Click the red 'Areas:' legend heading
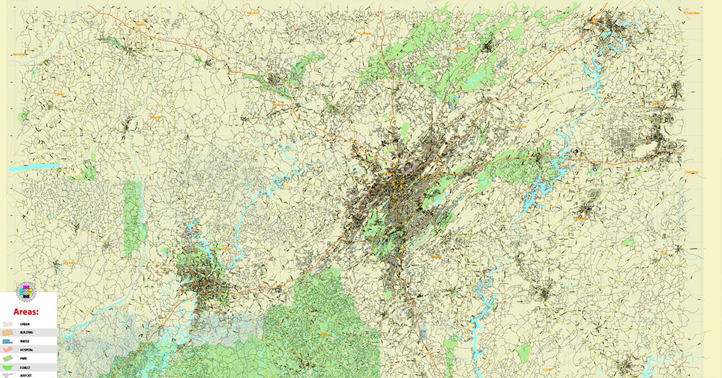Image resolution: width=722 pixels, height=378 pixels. (25, 312)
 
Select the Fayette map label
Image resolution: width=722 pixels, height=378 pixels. (155, 116)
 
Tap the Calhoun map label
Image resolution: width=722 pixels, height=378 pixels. (658, 103)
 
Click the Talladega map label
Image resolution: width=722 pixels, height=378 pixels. (581, 218)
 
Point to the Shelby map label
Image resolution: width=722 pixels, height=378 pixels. (436, 256)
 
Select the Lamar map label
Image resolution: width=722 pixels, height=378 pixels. (60, 94)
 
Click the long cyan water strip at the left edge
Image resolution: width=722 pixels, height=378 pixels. (34, 167)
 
